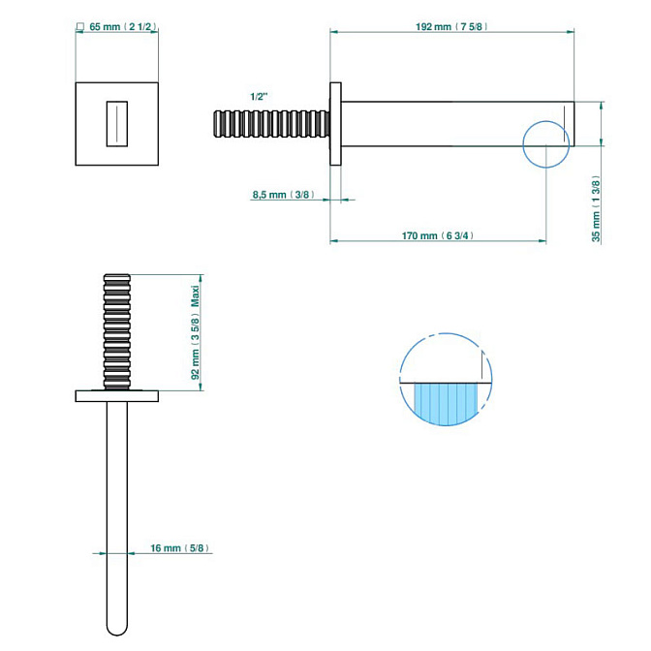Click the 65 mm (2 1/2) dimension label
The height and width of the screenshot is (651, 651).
tap(122, 26)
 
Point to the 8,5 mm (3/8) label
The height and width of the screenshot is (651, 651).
tap(282, 195)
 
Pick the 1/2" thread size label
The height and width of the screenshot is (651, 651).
tap(259, 97)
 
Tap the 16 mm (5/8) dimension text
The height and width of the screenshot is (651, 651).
tap(181, 548)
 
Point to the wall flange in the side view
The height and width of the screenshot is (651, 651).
tap(336, 124)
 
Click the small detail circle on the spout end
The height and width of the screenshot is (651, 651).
tap(546, 143)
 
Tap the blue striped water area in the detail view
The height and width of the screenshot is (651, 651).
tap(448, 402)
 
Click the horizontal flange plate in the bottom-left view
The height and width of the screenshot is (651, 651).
tap(116, 395)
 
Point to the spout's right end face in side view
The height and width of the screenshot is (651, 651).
tap(575, 123)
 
